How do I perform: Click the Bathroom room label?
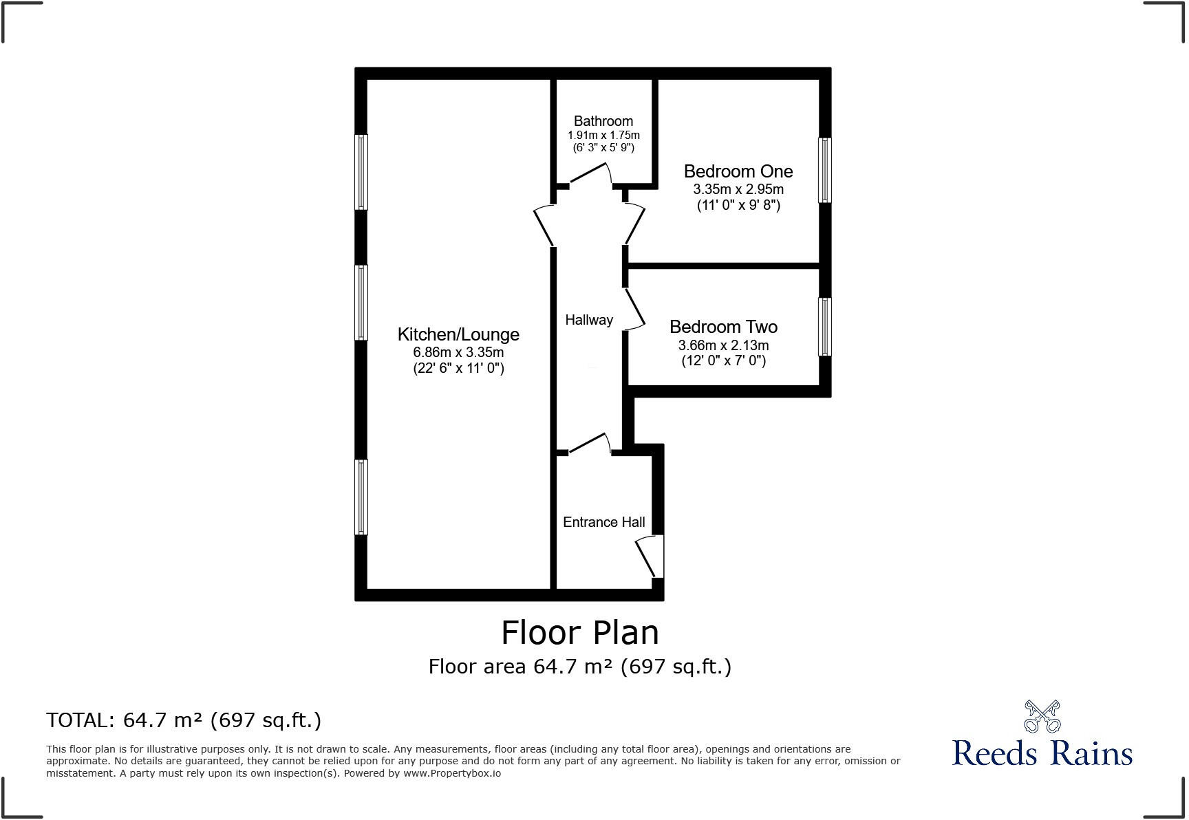pyautogui.click(x=603, y=121)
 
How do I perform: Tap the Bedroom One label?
pyautogui.click(x=738, y=171)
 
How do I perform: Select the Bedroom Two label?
pyautogui.click(x=723, y=327)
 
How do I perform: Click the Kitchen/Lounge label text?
pyautogui.click(x=458, y=334)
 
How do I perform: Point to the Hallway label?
pyautogui.click(x=589, y=320)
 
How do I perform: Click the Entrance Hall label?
pyautogui.click(x=603, y=522)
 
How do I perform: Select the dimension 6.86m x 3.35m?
pyautogui.click(x=458, y=352)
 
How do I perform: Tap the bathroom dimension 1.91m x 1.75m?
pyautogui.click(x=603, y=136)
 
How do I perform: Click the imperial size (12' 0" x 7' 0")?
pyautogui.click(x=723, y=360)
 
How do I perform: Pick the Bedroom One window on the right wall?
pyautogui.click(x=824, y=171)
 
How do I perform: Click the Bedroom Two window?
pyautogui.click(x=824, y=327)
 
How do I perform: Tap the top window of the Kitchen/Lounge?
pyautogui.click(x=361, y=172)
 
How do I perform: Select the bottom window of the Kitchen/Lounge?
pyautogui.click(x=361, y=497)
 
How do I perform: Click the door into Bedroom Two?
pyautogui.click(x=634, y=309)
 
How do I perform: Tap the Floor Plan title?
pyautogui.click(x=579, y=632)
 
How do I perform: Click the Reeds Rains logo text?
pyautogui.click(x=1042, y=753)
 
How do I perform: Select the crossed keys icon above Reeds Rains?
pyautogui.click(x=1042, y=716)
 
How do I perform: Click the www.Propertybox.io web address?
pyautogui.click(x=452, y=773)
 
